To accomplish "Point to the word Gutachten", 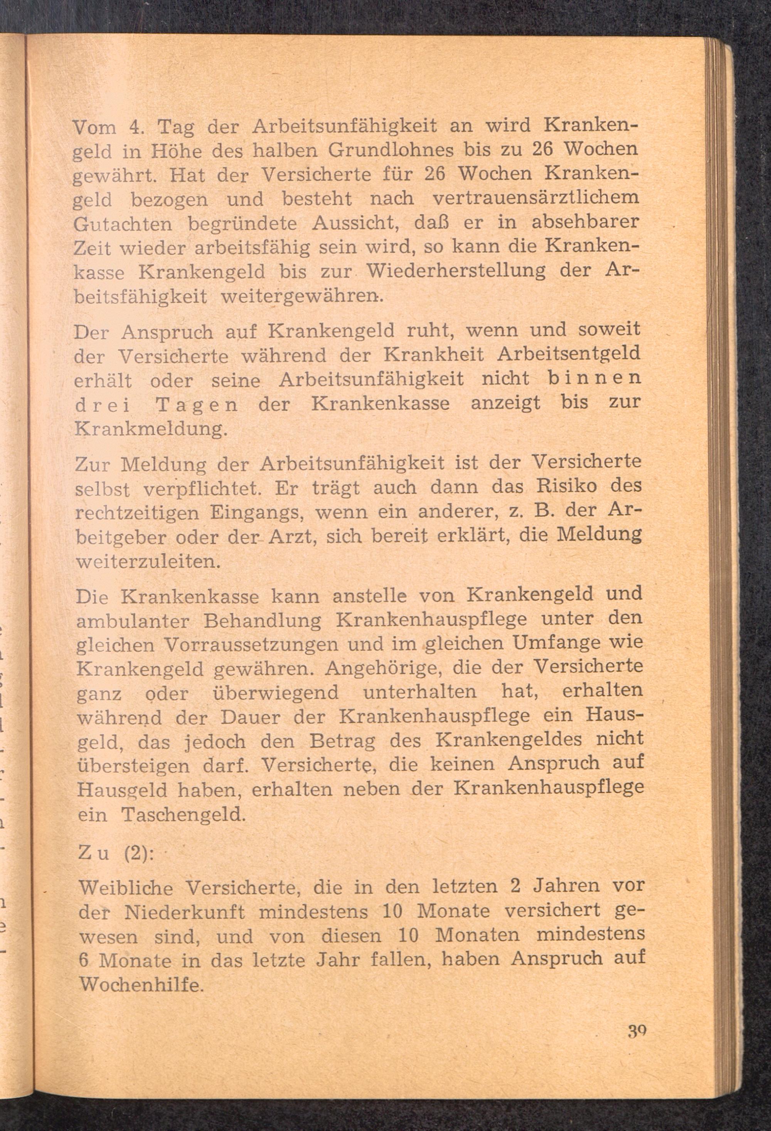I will (x=123, y=224).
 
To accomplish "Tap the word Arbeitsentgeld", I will (x=568, y=354).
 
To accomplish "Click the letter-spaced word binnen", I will (x=594, y=378).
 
